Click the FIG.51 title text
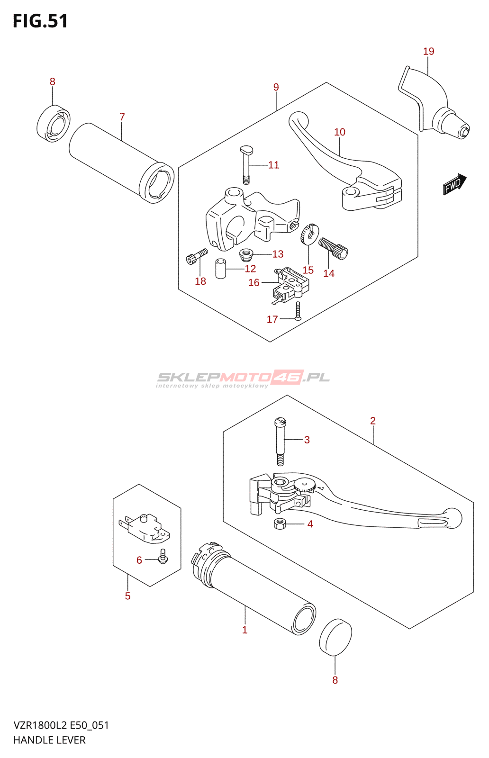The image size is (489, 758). (x=40, y=21)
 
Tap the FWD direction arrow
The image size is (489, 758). (x=454, y=184)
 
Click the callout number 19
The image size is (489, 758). (x=428, y=51)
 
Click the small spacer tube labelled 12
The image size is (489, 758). (x=221, y=268)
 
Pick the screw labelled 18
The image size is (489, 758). (x=197, y=256)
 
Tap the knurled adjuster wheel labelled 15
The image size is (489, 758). (x=309, y=233)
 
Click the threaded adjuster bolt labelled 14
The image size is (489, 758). (x=333, y=248)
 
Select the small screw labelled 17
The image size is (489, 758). (x=298, y=311)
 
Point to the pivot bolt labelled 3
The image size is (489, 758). (x=280, y=441)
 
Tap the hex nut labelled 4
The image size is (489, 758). (x=280, y=524)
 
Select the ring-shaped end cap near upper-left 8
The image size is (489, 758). (x=53, y=124)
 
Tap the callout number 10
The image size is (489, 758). (x=340, y=132)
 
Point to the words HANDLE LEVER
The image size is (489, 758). (x=49, y=740)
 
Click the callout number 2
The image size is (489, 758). (x=373, y=421)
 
